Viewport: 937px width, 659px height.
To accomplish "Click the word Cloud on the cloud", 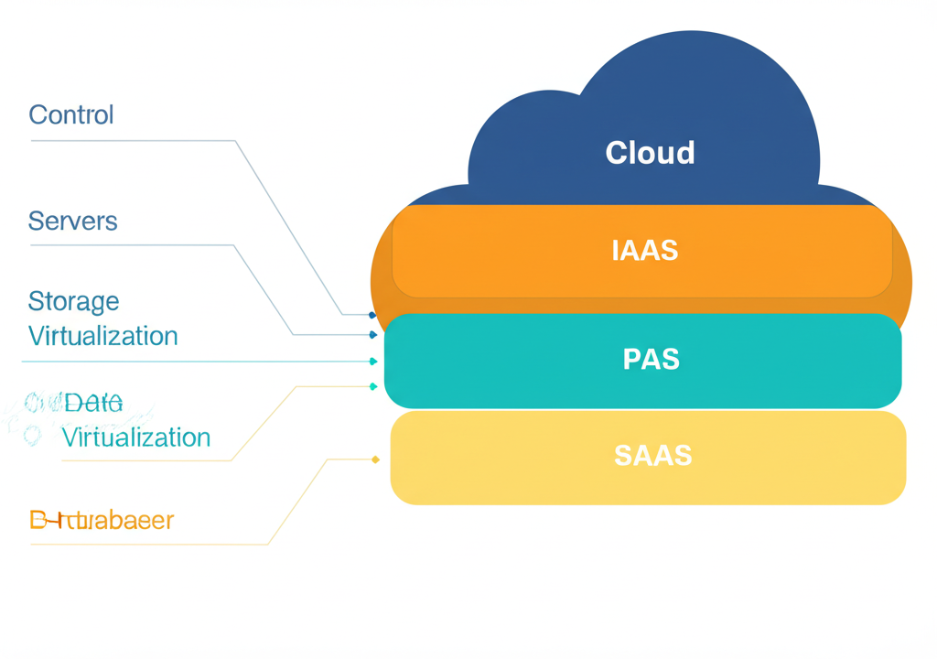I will click(x=650, y=153).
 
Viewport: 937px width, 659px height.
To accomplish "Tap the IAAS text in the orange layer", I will click(x=645, y=251).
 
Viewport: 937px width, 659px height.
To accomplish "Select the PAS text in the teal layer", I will click(x=651, y=360).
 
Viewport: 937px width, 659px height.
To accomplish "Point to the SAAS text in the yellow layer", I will click(x=652, y=456).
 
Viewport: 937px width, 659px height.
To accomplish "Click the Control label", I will click(x=71, y=115).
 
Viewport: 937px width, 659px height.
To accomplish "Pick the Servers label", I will click(x=72, y=221).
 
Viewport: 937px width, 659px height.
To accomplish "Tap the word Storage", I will click(x=73, y=301).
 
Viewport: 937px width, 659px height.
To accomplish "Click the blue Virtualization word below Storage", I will click(x=102, y=336).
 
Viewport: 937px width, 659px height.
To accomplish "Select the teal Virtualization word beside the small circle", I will click(x=135, y=438).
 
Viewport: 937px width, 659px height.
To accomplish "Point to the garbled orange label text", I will click(x=102, y=521).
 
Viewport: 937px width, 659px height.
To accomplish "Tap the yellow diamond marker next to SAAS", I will click(x=375, y=459).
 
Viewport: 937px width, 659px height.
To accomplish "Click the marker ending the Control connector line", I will click(x=372, y=315).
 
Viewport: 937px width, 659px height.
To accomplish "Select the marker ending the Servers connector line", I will click(x=373, y=335).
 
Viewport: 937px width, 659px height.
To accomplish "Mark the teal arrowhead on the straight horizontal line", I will click(x=373, y=362).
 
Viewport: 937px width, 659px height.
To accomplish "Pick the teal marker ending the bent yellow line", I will click(x=373, y=386).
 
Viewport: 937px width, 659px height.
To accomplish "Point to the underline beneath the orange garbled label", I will click(x=146, y=545).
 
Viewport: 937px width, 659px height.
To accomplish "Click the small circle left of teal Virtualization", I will click(x=33, y=436).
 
